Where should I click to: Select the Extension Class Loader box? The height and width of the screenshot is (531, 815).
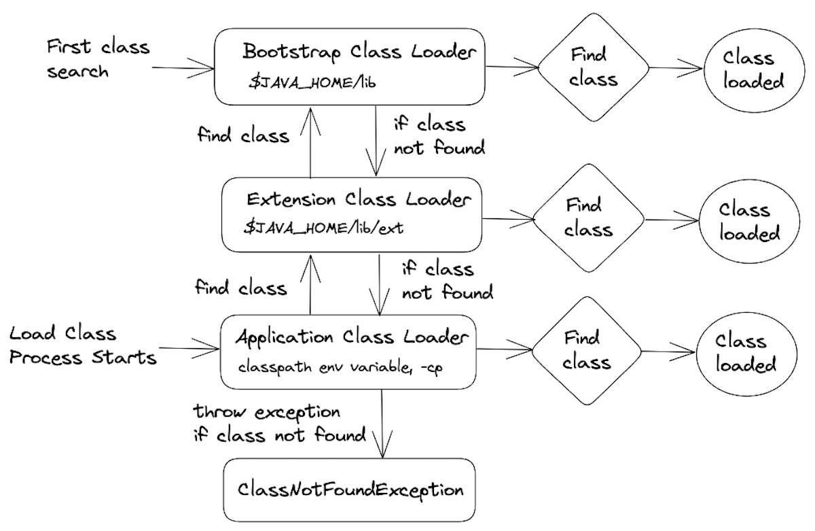tap(351, 213)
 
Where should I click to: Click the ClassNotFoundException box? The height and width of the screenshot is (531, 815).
tap(350, 490)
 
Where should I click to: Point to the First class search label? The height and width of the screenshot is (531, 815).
tap(98, 59)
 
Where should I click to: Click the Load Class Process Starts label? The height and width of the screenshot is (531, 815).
tap(83, 345)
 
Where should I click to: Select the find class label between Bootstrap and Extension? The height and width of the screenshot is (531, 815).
tap(243, 135)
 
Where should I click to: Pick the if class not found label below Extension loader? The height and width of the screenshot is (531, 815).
tap(447, 281)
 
